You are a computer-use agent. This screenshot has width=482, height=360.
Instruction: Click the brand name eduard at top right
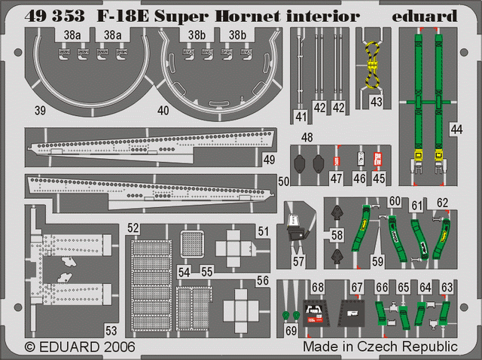tap(424, 16)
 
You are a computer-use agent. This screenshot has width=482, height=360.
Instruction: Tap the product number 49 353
tap(54, 16)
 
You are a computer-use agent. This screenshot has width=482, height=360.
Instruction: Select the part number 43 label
tap(377, 102)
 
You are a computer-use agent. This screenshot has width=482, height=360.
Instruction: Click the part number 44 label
tap(456, 130)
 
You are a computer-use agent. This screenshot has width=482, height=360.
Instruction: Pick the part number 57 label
tap(298, 261)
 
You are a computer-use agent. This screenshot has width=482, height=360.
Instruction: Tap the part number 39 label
tap(40, 111)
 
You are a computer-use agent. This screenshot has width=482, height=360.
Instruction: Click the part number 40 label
tap(163, 111)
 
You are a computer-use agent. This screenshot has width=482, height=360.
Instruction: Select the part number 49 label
tap(270, 160)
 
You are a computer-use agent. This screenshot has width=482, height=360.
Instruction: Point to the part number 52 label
tap(133, 228)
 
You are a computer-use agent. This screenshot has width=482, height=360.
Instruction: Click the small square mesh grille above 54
tap(192, 245)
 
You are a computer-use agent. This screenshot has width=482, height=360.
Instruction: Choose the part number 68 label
tap(318, 288)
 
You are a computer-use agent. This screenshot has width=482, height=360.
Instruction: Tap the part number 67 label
tap(357, 288)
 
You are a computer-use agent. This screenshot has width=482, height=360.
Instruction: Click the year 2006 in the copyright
tap(120, 347)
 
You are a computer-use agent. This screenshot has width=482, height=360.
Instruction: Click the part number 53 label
tap(111, 331)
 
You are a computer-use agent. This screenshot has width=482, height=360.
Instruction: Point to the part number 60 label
tap(395, 201)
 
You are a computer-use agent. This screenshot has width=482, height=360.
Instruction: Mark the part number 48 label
tap(307, 137)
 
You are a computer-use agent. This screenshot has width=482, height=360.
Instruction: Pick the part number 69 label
tap(291, 331)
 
